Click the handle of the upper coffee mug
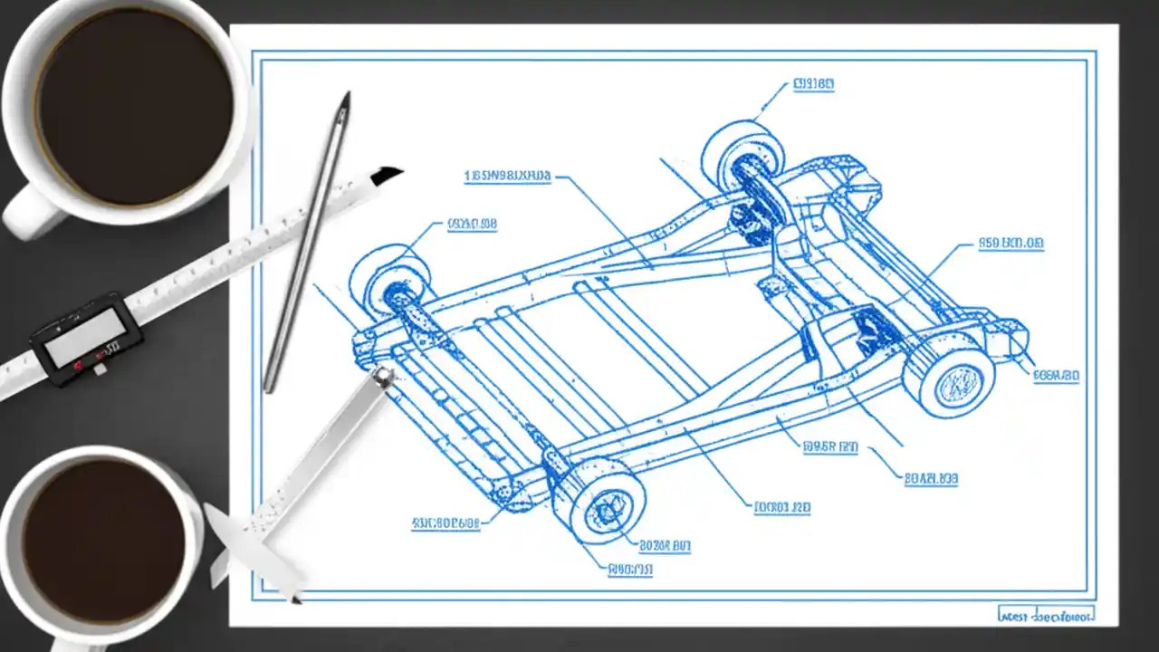(x=27, y=213)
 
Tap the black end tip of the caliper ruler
(x=387, y=174)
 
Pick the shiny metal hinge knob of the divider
(x=383, y=375)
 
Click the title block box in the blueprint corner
(x=1046, y=614)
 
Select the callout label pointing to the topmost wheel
(x=813, y=85)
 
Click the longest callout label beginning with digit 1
(x=507, y=176)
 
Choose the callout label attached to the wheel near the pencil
(x=472, y=224)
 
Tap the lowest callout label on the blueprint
(x=630, y=570)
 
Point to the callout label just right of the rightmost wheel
(x=1056, y=375)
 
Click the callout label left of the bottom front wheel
(x=445, y=523)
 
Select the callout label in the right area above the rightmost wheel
(x=1011, y=244)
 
